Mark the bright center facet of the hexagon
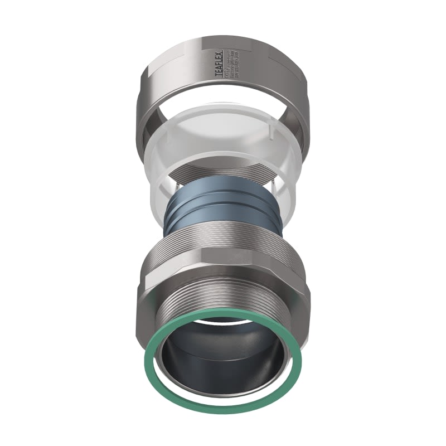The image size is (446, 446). coord(223,273)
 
